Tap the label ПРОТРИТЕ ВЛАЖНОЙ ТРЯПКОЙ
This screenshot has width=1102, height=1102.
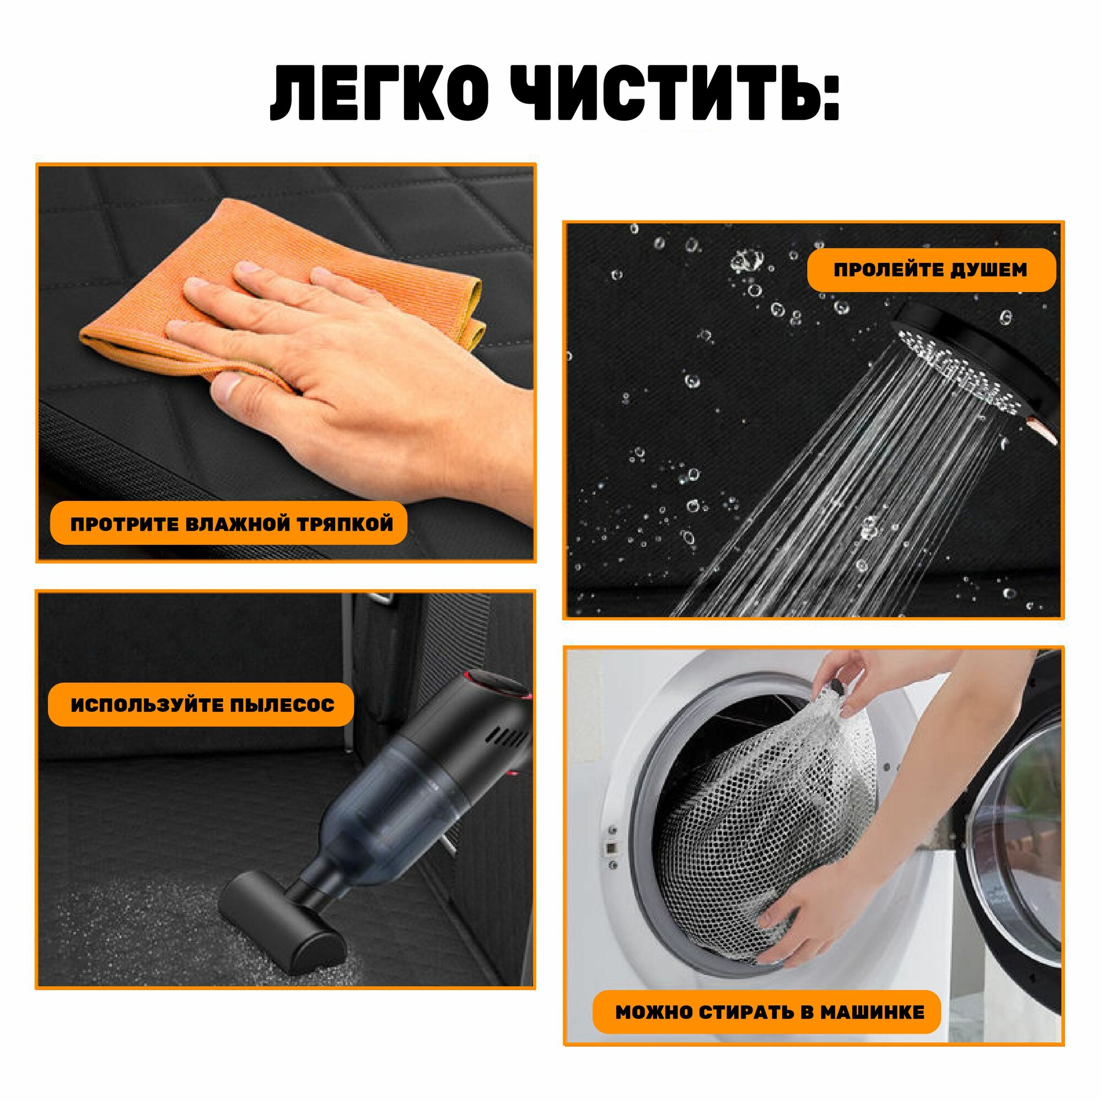(232, 523)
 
